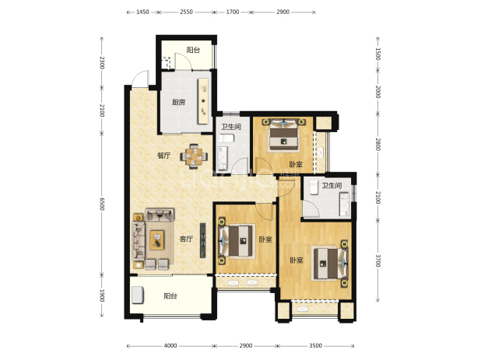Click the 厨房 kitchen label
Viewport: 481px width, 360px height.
178,102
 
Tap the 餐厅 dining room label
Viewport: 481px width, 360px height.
163,156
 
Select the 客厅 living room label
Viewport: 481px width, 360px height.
186,239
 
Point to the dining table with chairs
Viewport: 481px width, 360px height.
194,156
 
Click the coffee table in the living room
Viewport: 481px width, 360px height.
156,240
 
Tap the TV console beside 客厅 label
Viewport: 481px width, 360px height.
203,240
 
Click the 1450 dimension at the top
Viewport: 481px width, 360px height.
142,12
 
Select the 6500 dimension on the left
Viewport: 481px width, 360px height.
102,204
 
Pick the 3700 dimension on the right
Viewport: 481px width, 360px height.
378,260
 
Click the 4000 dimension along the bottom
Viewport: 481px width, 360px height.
170,345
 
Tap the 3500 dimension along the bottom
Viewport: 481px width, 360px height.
315,345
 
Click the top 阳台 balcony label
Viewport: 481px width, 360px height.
193,50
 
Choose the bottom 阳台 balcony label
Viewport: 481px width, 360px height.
170,296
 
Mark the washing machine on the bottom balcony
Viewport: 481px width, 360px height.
138,295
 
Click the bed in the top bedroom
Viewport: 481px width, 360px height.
284,135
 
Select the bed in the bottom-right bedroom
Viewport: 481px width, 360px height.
330,264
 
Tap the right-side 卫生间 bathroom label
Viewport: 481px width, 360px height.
332,185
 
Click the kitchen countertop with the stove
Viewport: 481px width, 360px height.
203,101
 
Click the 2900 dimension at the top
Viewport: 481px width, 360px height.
283,12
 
